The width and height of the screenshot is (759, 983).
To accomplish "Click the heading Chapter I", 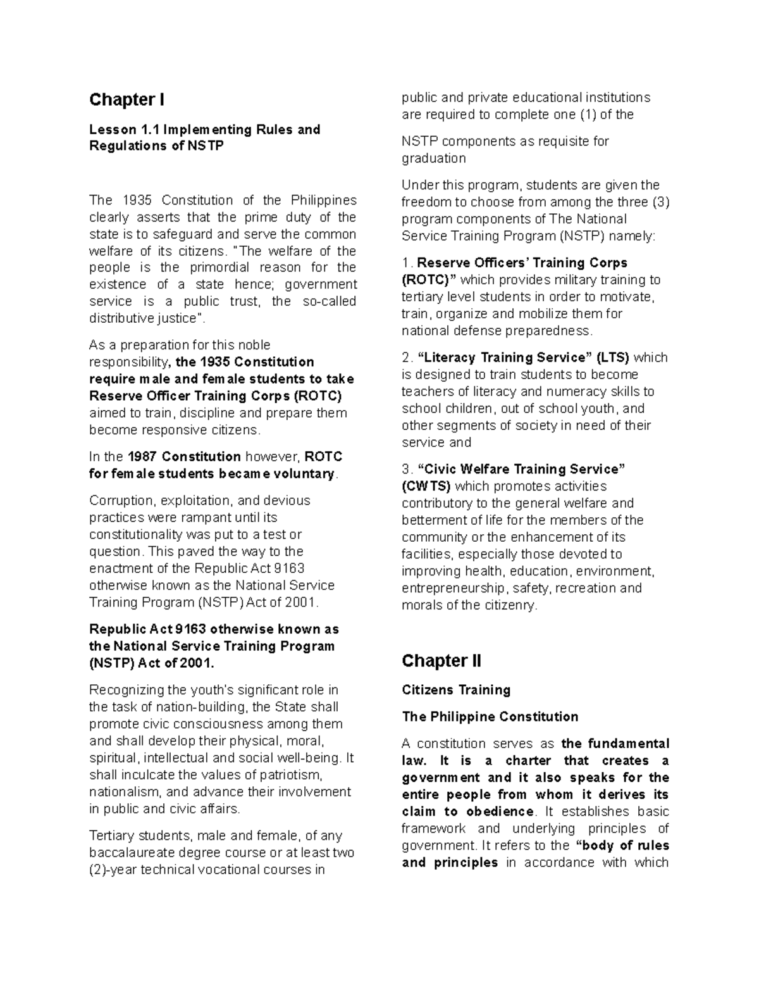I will coord(126,100).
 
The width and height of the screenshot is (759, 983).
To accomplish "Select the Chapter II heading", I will coord(441,661).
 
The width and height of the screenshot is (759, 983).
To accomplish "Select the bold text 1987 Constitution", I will coord(184,457).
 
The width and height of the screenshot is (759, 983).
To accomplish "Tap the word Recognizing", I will coord(126,690).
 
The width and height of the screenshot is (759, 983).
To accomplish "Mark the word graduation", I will coord(434,158).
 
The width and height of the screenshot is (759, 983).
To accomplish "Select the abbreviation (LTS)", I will coord(613,358).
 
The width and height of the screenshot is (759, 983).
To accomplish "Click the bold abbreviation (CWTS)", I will coord(426,487).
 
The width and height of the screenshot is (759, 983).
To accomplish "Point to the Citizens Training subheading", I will coord(456,690).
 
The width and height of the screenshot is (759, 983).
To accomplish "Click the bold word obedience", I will coord(500,811).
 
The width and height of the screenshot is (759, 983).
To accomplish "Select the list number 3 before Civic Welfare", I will coord(406,470).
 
